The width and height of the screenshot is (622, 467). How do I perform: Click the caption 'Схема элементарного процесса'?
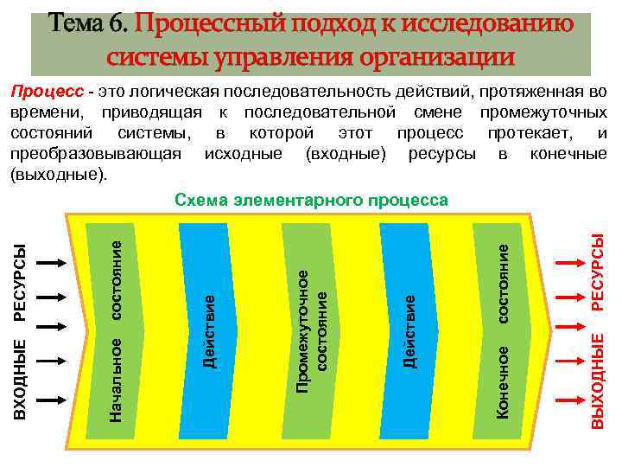coord(311,201)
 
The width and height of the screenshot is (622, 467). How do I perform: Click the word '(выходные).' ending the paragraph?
coord(58,176)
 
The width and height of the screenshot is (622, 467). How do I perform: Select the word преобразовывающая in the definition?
coord(95,156)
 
